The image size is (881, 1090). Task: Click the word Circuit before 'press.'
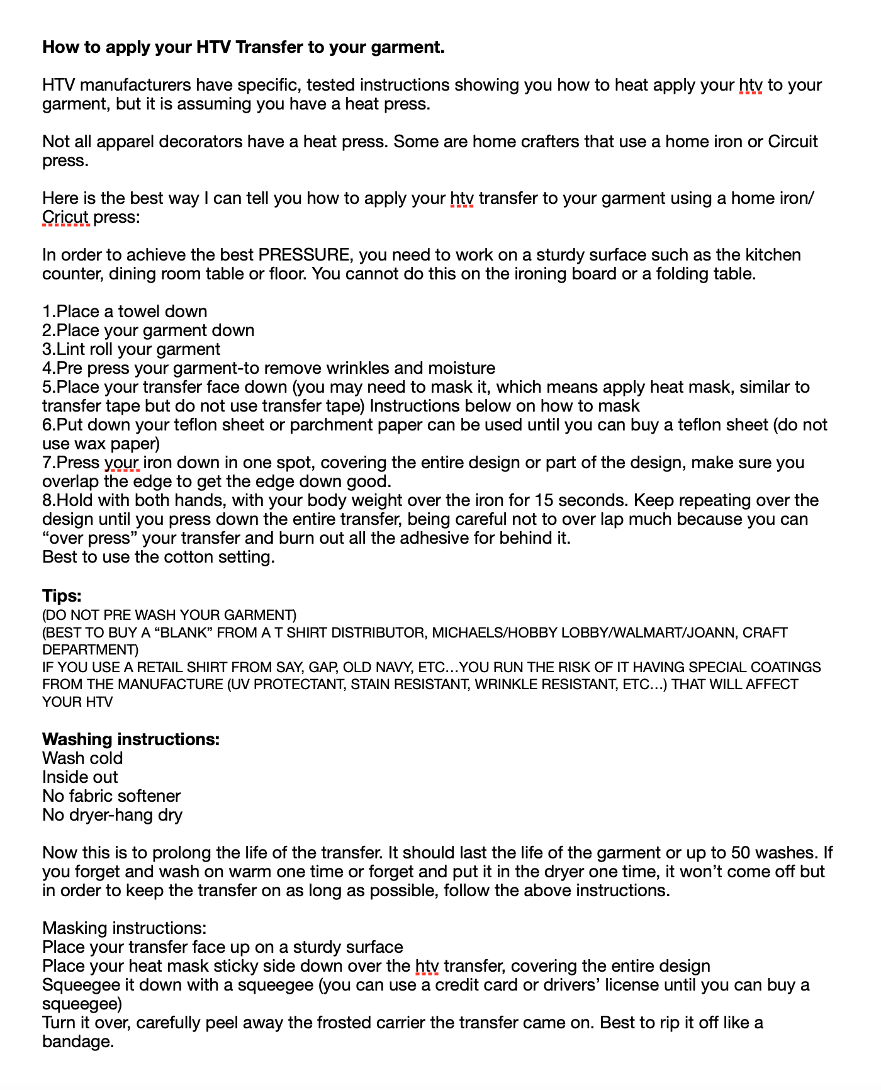click(792, 142)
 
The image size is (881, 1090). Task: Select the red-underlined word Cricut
click(65, 217)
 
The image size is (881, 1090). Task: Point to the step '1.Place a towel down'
click(125, 312)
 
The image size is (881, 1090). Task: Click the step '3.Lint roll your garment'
click(131, 349)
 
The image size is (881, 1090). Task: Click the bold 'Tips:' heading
click(62, 595)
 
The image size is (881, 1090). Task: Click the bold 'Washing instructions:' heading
click(131, 739)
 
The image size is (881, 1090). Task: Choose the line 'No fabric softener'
click(111, 796)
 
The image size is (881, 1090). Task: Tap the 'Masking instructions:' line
click(124, 928)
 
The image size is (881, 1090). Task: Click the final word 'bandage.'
click(78, 1042)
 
